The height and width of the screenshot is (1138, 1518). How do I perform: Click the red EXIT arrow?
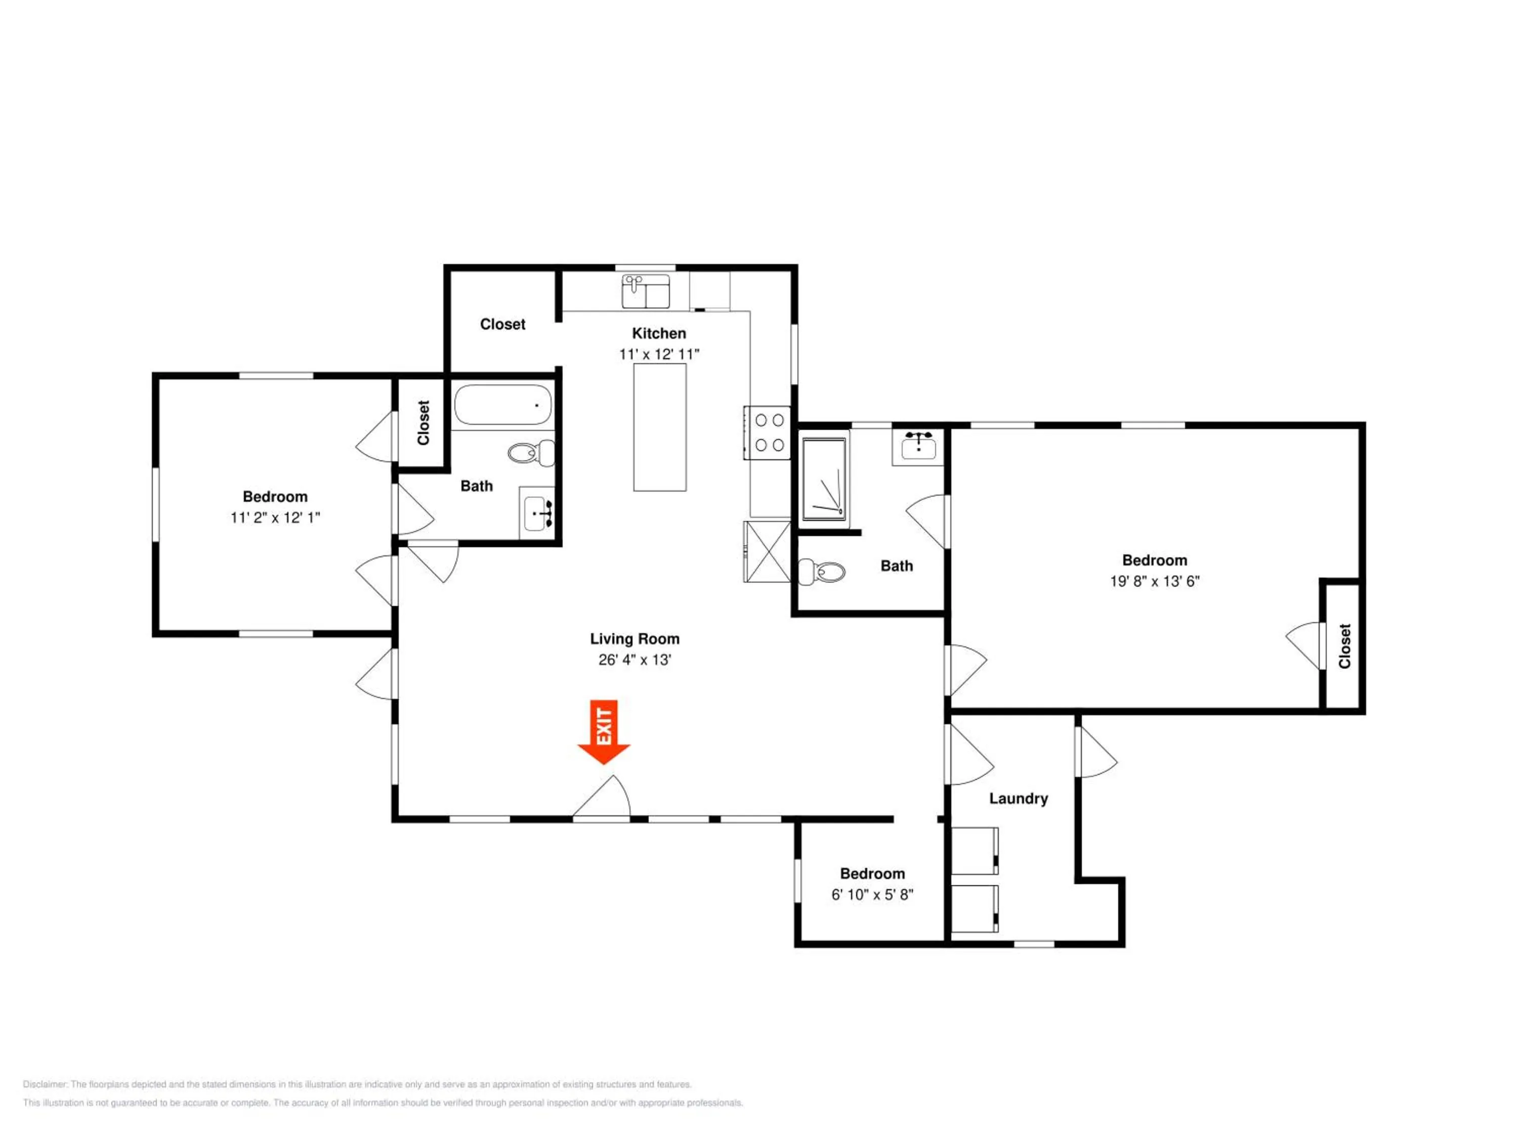604,732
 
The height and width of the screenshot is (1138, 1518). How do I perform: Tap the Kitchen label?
659,333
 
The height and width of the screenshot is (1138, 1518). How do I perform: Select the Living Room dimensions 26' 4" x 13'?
635,660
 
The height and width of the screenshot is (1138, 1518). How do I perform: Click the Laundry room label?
1019,799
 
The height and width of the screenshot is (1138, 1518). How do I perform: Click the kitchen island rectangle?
659,427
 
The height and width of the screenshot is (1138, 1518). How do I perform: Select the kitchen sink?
646,291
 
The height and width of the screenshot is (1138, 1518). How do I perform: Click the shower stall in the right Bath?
825,479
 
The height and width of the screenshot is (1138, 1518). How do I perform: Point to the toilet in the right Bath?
822,572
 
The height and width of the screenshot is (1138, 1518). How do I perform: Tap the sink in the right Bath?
918,447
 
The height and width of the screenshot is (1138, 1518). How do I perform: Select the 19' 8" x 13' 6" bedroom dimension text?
1155,581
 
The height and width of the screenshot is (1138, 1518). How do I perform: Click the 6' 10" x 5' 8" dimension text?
872,895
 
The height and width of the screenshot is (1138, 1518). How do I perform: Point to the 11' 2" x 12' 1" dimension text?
275,518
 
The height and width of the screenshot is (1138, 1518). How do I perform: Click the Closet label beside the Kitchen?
502,324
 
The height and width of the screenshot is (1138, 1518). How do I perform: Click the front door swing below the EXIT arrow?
602,797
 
